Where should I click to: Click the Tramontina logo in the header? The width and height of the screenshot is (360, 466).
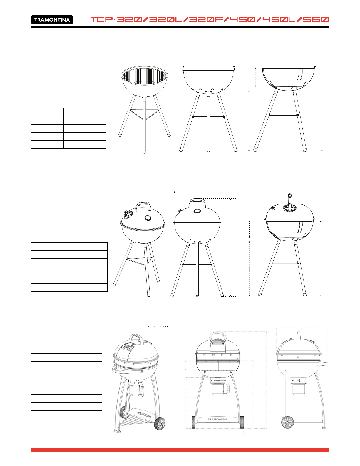[52, 19]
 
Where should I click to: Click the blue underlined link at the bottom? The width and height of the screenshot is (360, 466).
[58, 463]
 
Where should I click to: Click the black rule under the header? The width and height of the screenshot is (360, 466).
[180, 27]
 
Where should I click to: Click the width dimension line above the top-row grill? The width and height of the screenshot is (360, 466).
[208, 66]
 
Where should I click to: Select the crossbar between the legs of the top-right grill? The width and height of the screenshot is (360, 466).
[284, 115]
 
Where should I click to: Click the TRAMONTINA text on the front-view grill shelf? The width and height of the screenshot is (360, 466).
[218, 419]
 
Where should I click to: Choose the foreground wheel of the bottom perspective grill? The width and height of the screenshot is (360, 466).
[160, 424]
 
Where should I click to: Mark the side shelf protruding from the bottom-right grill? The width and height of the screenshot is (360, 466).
[323, 364]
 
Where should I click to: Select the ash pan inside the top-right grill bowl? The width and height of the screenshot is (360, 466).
[288, 84]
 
